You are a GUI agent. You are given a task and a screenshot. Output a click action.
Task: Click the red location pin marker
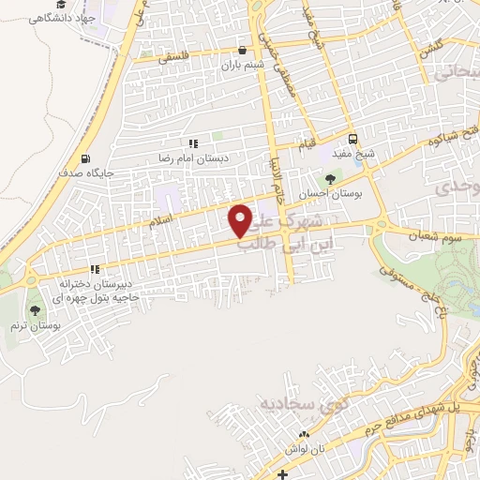coord(241,220)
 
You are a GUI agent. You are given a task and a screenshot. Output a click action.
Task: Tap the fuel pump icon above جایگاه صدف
coord(86,158)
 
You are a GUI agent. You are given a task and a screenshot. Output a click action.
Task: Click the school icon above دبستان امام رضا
coord(193,143)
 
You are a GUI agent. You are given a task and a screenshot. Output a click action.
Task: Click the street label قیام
coord(307,145)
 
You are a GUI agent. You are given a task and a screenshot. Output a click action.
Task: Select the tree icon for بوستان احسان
coord(328,178)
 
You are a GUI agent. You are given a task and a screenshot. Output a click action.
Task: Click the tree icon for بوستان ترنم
coord(36,310)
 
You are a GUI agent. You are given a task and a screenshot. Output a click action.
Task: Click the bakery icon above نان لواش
coord(303,435)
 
